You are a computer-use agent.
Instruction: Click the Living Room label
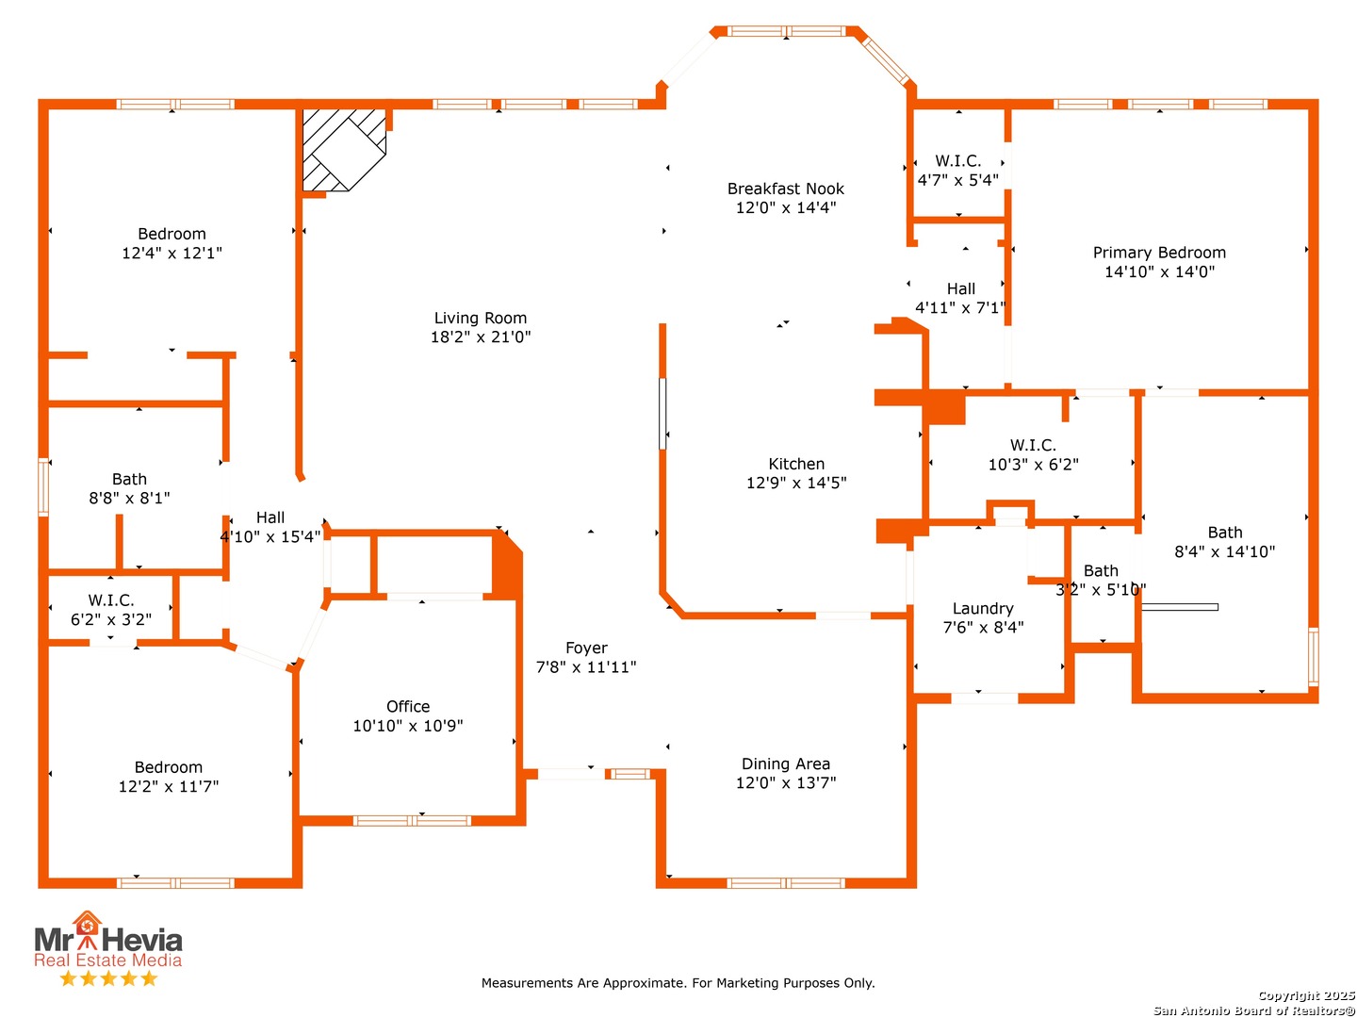(x=480, y=318)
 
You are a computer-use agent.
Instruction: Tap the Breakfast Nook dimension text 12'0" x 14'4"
(x=785, y=207)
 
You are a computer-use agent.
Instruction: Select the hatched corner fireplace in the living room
(x=344, y=150)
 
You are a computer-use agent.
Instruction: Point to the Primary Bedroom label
(x=1158, y=253)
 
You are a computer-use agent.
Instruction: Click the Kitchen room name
(x=795, y=464)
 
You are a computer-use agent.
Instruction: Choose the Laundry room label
(x=982, y=609)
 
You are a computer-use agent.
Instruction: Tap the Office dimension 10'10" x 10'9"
(x=407, y=725)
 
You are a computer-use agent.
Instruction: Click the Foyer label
(x=586, y=648)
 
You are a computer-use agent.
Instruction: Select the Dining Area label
(x=785, y=763)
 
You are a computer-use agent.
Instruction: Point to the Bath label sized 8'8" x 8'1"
(x=129, y=479)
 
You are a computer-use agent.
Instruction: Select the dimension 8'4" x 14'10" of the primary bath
(x=1224, y=551)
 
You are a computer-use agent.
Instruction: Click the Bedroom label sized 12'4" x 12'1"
(x=172, y=234)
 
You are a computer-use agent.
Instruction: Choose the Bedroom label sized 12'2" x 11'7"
(x=168, y=767)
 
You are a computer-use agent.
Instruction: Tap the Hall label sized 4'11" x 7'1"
(x=960, y=288)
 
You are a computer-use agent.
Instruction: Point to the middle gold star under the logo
(x=108, y=978)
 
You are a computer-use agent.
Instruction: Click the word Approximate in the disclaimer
(x=645, y=983)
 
